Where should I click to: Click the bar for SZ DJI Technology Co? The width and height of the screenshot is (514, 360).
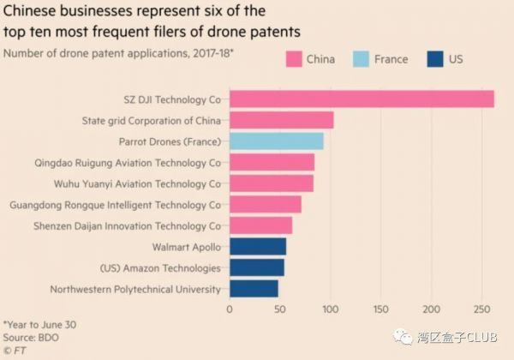coord(361,99)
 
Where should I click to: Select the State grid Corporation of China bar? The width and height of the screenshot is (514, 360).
coord(281,120)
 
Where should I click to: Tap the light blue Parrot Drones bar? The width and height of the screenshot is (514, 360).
coord(276,141)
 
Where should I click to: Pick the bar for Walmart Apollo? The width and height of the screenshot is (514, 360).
coord(257,248)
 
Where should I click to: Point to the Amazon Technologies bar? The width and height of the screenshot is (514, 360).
coord(256,268)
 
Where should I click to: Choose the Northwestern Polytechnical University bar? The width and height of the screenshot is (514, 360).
coord(254,290)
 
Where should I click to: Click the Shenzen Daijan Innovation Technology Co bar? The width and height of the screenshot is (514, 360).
coord(260,225)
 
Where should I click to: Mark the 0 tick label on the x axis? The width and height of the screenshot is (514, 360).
coord(229,309)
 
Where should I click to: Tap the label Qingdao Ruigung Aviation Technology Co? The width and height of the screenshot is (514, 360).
coord(115,162)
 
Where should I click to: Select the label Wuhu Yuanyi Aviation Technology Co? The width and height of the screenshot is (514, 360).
coord(119,183)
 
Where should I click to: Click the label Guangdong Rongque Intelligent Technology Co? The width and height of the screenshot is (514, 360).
coord(115,205)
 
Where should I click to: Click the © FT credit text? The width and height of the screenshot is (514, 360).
coord(15,350)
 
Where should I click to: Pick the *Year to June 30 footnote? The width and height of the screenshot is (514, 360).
coord(40,326)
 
